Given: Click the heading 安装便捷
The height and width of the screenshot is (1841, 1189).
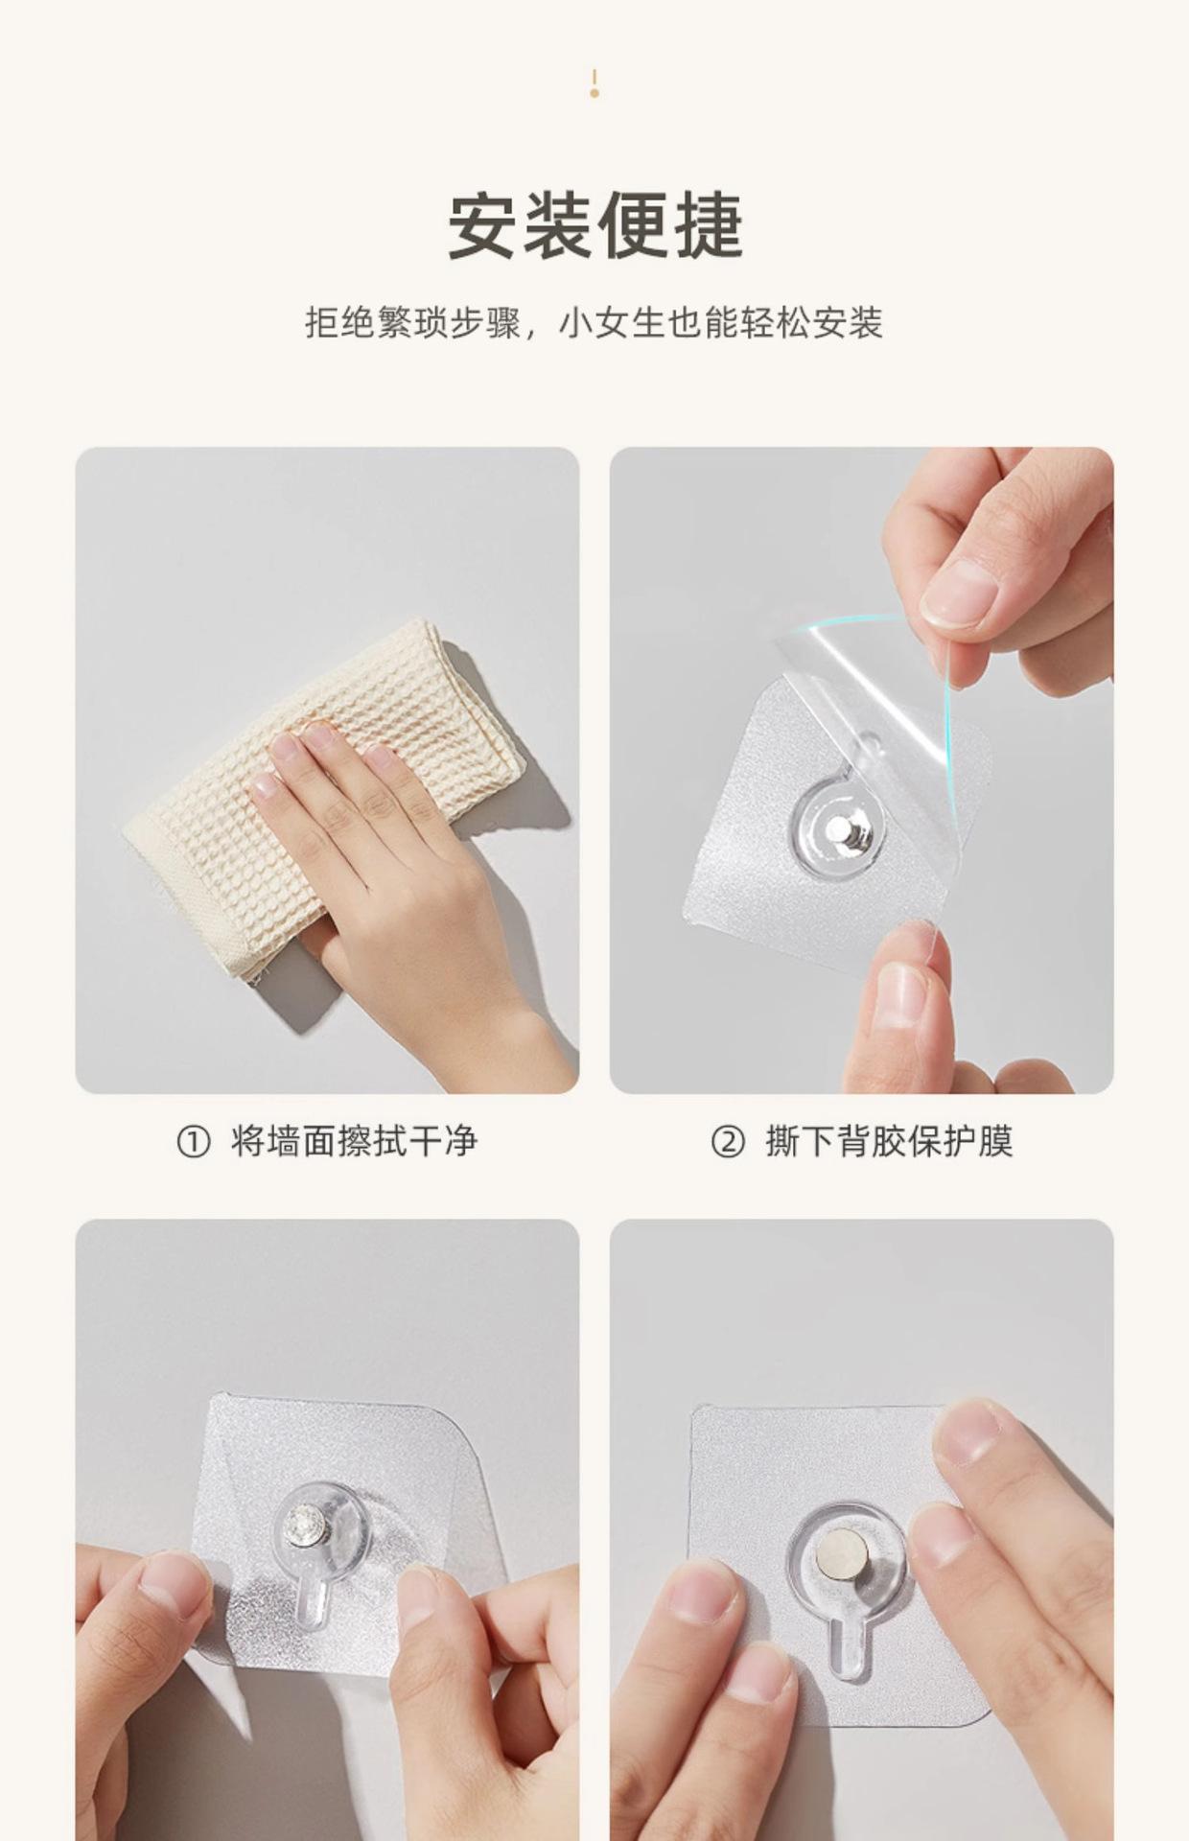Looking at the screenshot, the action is [x=595, y=226].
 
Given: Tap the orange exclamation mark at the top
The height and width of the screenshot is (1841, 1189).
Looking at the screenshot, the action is [x=594, y=83].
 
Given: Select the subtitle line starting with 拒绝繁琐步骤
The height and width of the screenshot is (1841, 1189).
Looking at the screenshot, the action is [x=594, y=323].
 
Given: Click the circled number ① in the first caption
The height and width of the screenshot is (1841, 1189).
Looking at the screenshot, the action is [x=194, y=1142].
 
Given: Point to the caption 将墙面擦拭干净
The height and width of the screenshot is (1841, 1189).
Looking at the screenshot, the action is [x=355, y=1142].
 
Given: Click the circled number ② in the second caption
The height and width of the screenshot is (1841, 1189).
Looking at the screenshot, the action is [x=728, y=1142].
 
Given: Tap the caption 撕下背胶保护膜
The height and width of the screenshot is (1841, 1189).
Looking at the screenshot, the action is [x=889, y=1142].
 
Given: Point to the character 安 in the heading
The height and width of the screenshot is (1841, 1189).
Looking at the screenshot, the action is [x=484, y=226].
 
